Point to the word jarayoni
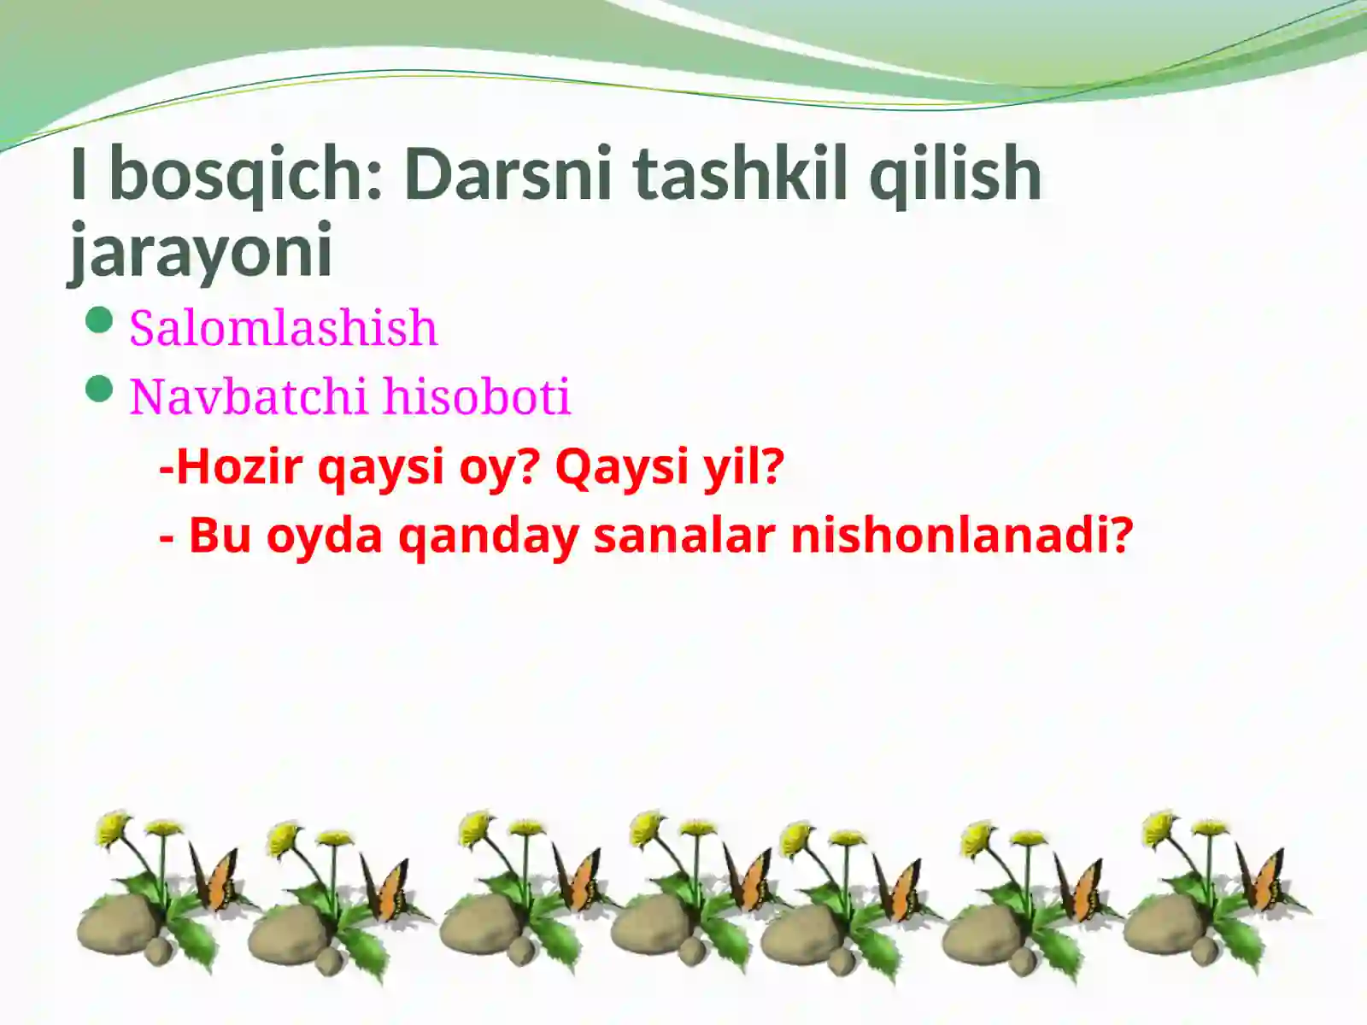(200, 251)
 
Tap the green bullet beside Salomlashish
(100, 321)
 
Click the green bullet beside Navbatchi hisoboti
(100, 390)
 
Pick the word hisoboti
(476, 396)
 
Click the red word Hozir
(238, 466)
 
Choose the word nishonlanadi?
(961, 536)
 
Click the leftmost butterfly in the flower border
(214, 880)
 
